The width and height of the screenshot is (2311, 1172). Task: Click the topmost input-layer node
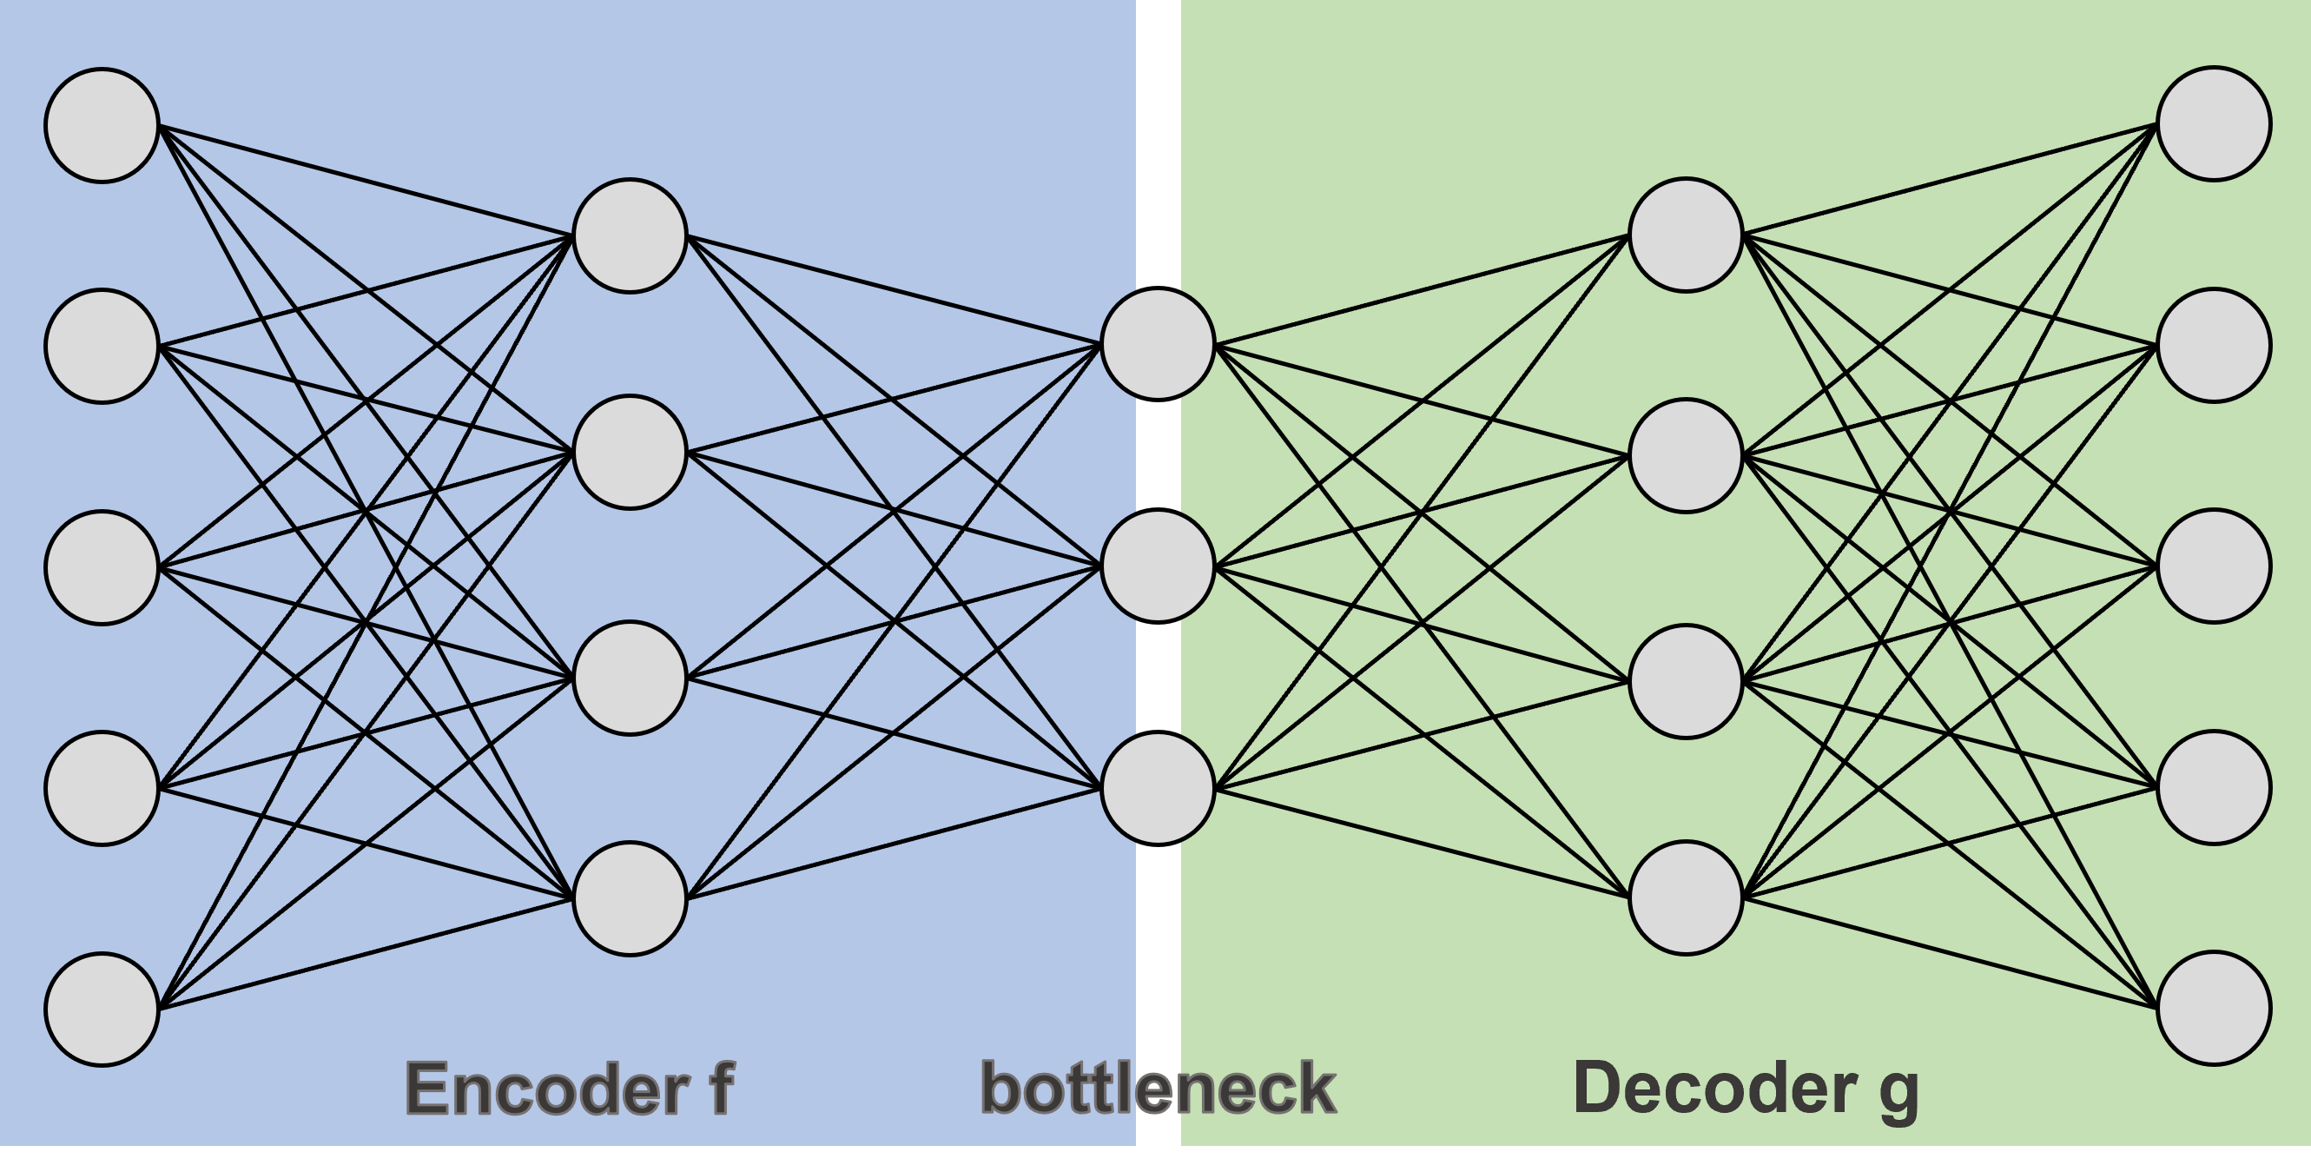102,126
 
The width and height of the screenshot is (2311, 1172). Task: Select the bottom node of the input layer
102,1010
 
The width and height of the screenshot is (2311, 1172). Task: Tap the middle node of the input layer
102,567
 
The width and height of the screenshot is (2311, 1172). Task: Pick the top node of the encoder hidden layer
630,236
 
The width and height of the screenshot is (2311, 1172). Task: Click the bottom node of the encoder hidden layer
630,898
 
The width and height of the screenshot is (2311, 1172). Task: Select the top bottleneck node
1159,344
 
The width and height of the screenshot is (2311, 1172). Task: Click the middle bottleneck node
1159,566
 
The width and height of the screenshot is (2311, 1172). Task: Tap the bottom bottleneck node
1159,788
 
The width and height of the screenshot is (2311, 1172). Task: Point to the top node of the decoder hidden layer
1686,235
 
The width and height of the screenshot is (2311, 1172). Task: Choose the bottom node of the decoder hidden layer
1686,897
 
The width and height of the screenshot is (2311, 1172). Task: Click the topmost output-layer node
2214,124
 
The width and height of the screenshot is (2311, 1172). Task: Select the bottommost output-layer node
2214,1009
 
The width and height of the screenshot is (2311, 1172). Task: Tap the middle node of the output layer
2214,566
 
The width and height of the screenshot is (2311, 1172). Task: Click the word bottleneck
1159,1089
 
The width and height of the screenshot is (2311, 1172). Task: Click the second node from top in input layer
102,347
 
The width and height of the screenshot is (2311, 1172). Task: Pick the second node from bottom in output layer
2214,788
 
